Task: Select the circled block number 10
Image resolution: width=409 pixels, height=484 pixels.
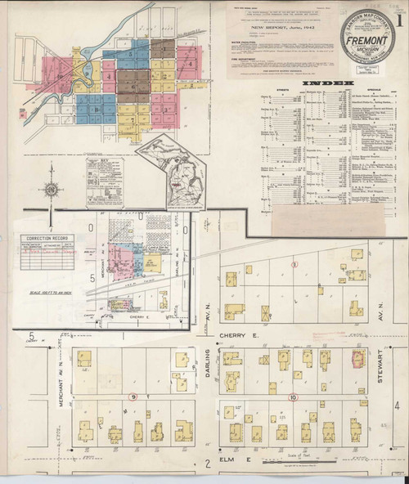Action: point(293,397)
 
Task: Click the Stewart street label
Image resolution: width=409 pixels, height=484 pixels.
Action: point(381,361)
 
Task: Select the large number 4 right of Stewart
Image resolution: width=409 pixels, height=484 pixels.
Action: point(396,406)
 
